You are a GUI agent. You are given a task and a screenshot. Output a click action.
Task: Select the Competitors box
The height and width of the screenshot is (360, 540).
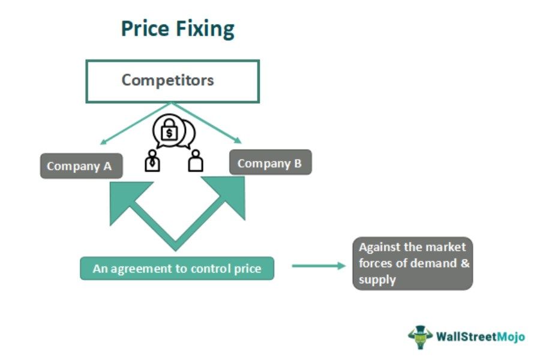173,80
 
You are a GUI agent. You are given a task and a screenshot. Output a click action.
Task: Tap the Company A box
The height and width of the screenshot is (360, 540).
81,166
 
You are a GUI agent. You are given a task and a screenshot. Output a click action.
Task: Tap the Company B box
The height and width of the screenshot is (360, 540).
270,163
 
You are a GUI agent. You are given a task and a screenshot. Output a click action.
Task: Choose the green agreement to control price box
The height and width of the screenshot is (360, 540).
177,269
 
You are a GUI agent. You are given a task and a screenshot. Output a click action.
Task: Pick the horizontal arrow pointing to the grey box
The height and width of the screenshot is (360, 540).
319,265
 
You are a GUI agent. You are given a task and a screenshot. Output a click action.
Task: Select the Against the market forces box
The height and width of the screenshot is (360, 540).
412,263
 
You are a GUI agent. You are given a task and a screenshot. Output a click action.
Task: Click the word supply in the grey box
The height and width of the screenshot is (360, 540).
377,280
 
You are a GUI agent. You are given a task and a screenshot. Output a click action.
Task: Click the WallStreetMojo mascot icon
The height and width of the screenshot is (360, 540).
421,337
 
